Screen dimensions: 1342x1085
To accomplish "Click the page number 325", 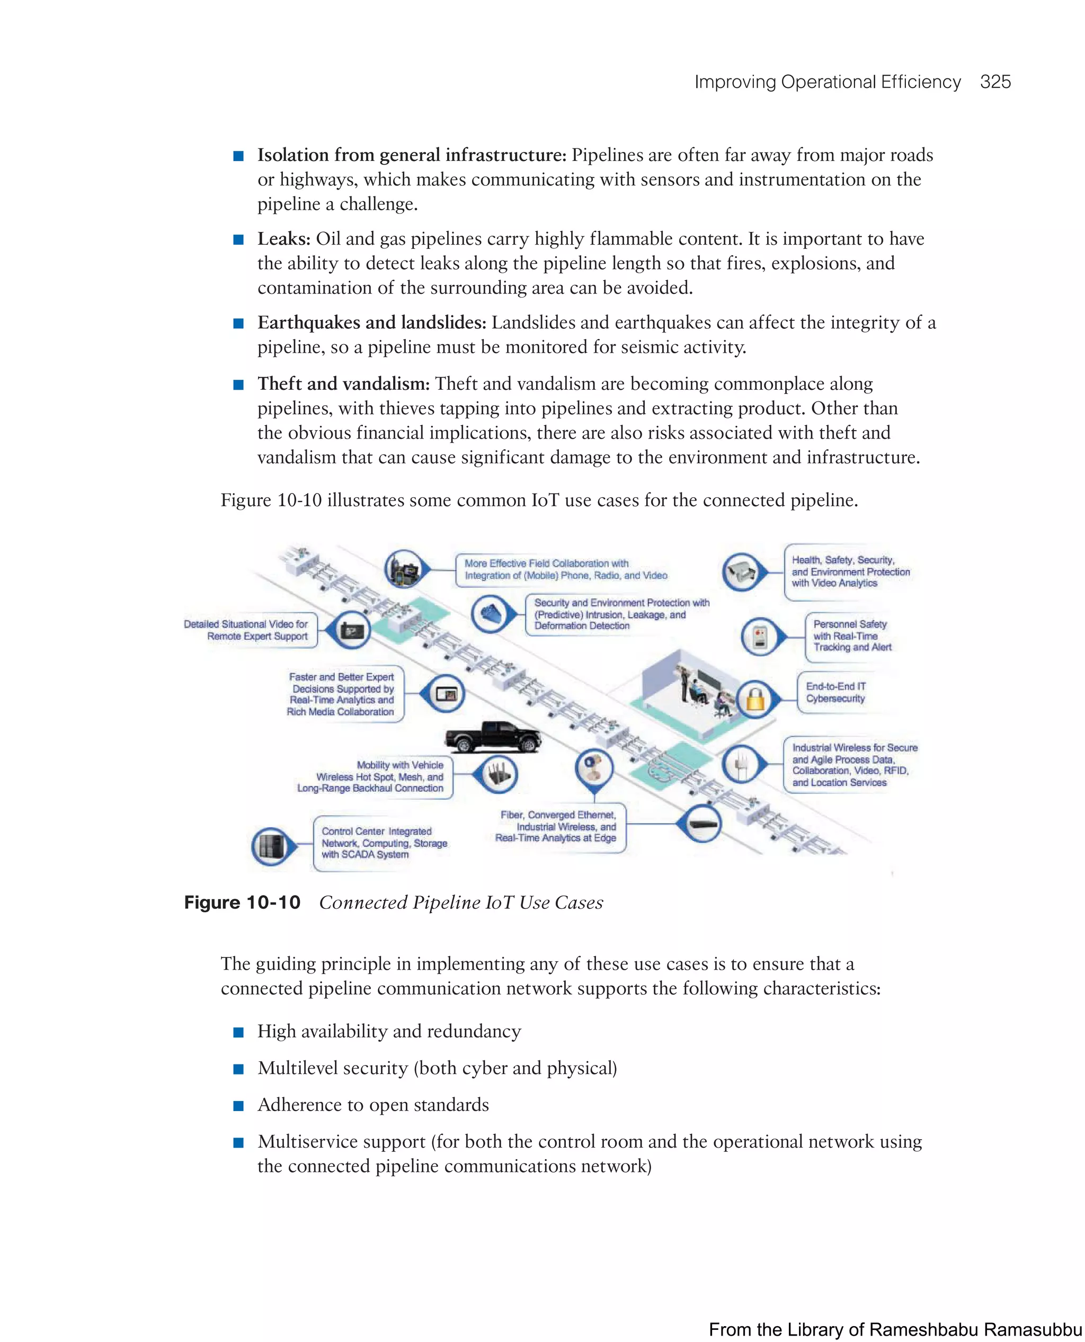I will coord(995,82).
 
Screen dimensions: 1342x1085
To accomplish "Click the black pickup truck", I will coord(492,736).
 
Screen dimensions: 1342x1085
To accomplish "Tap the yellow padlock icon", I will coord(755,699).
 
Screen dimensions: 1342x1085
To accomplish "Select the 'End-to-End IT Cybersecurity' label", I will coord(835,692).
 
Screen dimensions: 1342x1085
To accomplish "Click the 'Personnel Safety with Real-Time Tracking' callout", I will coord(852,636).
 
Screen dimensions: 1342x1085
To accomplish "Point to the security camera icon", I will coord(743,571).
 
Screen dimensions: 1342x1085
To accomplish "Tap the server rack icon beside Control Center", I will coord(271,846).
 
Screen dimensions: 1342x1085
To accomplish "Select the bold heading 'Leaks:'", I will coord(284,239).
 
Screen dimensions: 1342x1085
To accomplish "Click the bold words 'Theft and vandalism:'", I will coord(343,383).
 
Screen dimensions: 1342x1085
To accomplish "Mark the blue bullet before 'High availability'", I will coord(238,1032).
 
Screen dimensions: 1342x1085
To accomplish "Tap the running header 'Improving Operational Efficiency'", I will coord(827,82).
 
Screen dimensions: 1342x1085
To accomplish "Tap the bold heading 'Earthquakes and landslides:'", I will coord(371,323).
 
